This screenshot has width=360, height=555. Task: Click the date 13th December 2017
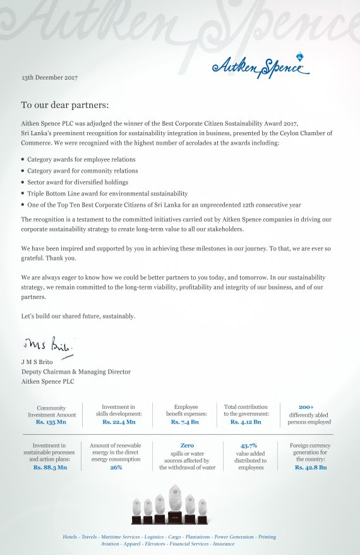(x=49, y=78)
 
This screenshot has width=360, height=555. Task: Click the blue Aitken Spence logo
(x=261, y=66)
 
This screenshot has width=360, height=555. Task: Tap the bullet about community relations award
(x=82, y=171)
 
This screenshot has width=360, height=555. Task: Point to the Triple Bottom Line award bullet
(x=107, y=193)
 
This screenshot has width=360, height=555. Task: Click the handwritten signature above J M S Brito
(x=48, y=346)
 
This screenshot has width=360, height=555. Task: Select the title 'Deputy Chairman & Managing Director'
(x=76, y=372)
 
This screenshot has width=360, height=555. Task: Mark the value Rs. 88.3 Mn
(x=51, y=468)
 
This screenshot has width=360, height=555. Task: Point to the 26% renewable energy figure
(x=116, y=468)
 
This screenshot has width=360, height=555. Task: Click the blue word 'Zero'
(x=187, y=446)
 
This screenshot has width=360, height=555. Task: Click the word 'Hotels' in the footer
(x=70, y=537)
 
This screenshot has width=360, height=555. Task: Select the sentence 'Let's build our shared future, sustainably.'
(x=78, y=316)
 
